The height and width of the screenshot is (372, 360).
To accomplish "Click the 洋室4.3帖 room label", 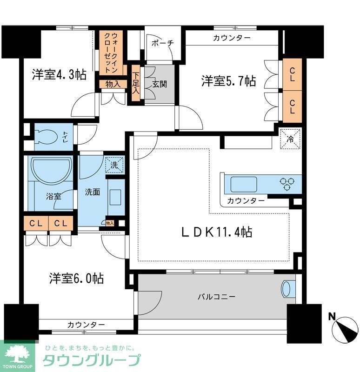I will click(59, 74).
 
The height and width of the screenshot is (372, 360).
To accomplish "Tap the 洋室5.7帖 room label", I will click(228, 81).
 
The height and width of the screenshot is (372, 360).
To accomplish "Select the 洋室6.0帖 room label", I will click(76, 279).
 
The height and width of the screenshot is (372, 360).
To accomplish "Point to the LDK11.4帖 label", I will click(216, 232).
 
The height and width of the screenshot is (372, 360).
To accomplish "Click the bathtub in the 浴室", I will click(50, 171).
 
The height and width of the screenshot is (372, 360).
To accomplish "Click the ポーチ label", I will click(162, 43).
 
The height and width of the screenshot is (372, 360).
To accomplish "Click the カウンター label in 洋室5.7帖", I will click(231, 38).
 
